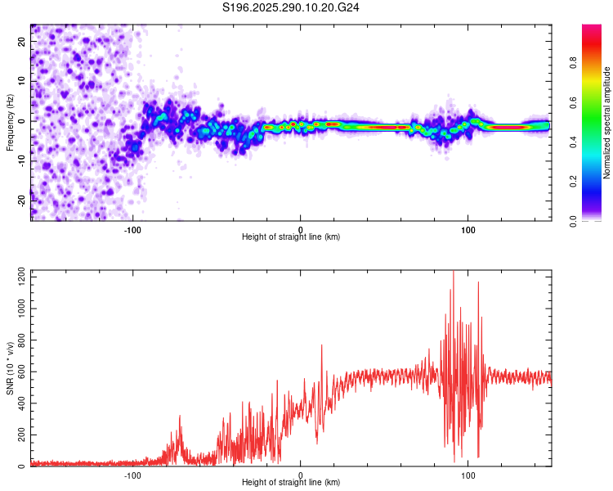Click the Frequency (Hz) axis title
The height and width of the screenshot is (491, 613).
(x=9, y=123)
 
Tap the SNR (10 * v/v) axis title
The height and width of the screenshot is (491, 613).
(x=11, y=367)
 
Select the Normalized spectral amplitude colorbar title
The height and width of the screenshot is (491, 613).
(x=607, y=123)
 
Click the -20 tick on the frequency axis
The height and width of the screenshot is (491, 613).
(x=21, y=199)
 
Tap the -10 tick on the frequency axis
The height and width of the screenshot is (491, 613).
(x=21, y=160)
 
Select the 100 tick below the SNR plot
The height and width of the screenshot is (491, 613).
(x=468, y=475)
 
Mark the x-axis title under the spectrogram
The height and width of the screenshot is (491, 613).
(x=291, y=237)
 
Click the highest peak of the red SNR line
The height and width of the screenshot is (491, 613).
(x=454, y=272)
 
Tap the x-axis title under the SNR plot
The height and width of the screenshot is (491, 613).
(x=291, y=483)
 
